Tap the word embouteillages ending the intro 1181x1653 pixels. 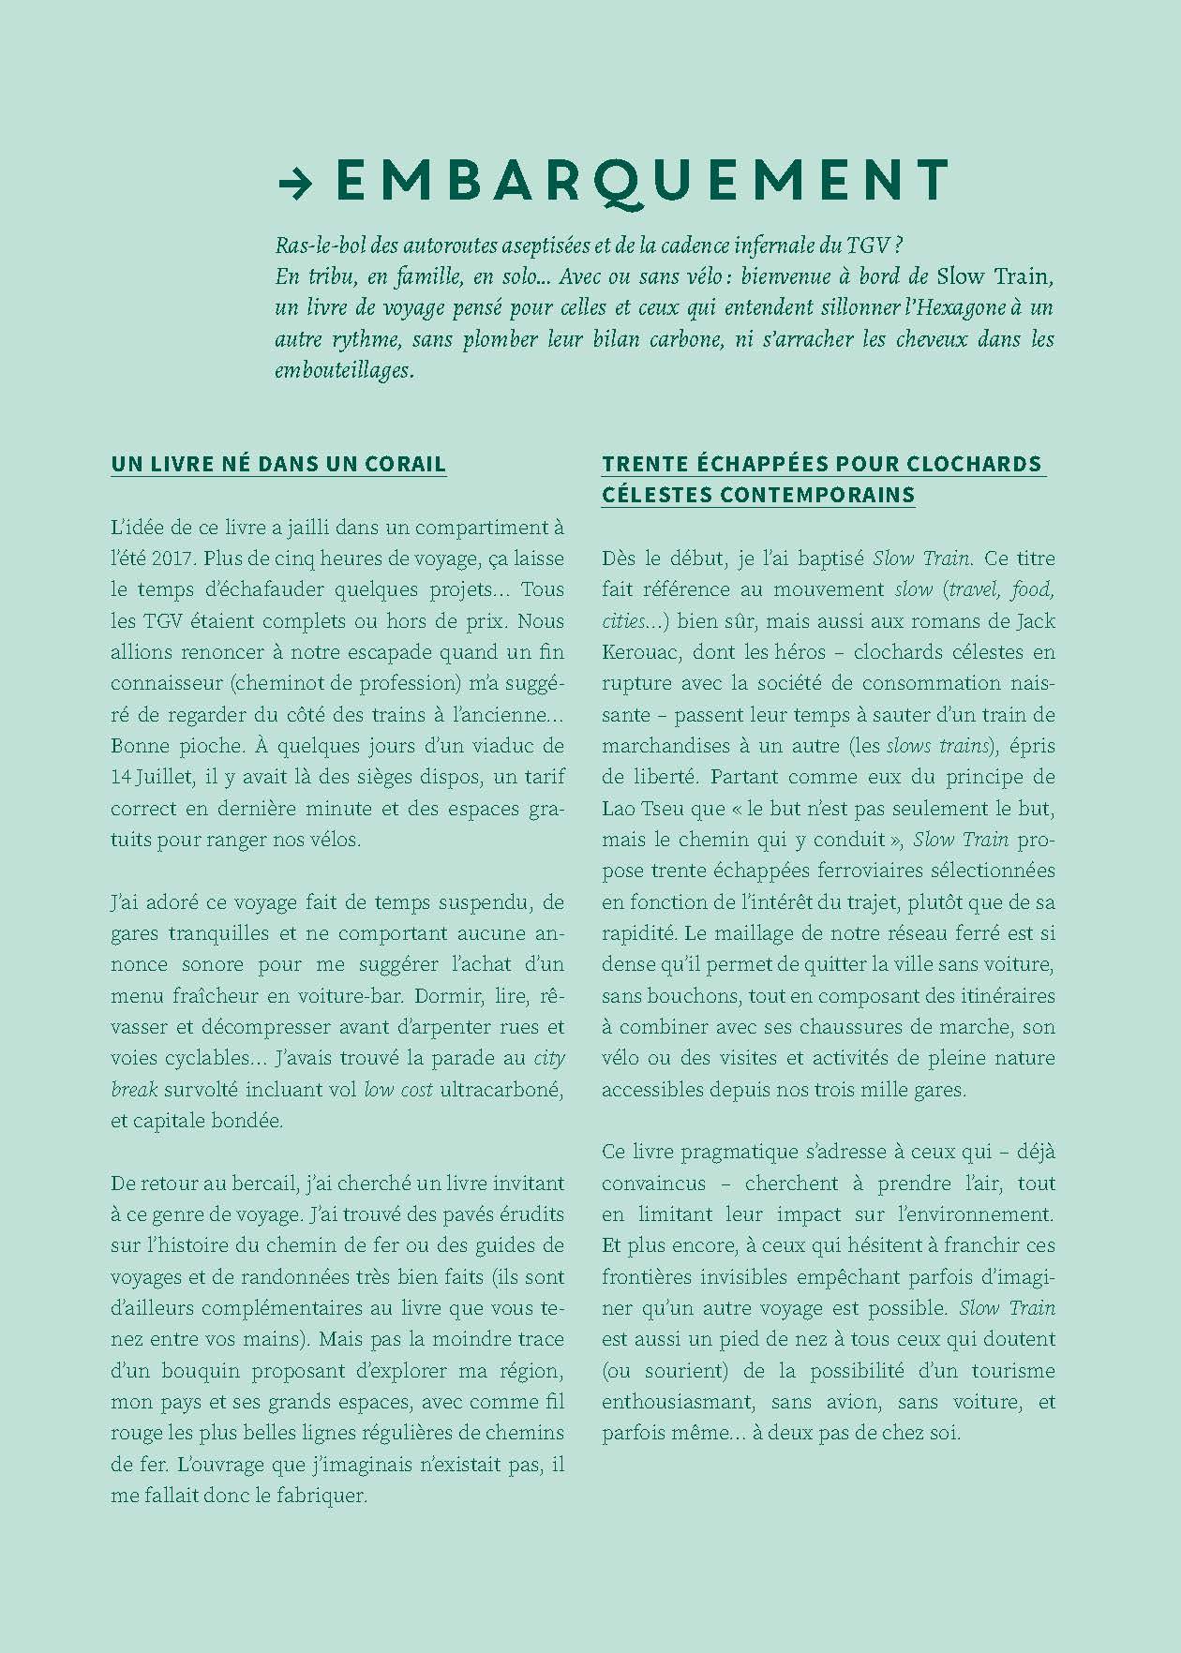click(x=343, y=371)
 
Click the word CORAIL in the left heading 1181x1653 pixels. click(x=405, y=464)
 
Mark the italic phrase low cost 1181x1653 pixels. click(x=398, y=1090)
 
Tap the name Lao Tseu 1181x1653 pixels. click(x=642, y=808)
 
